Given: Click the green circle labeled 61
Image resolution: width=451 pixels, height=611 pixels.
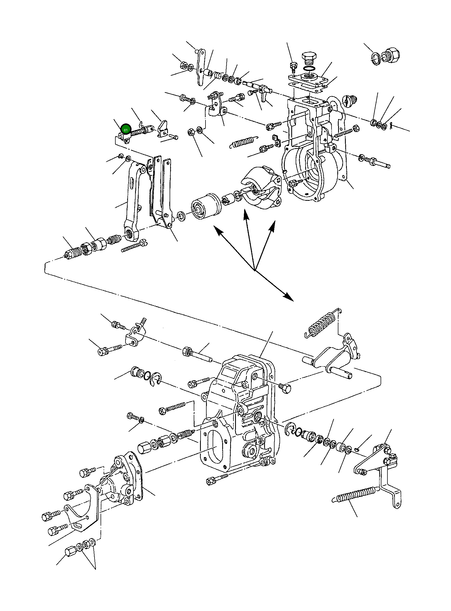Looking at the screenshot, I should coord(126,129).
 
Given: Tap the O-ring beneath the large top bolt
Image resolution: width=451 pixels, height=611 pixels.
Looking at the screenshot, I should coord(309,68).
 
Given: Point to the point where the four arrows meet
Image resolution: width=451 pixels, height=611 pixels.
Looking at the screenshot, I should coord(255,271).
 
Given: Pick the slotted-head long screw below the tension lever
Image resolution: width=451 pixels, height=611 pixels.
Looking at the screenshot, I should coord(134,246).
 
